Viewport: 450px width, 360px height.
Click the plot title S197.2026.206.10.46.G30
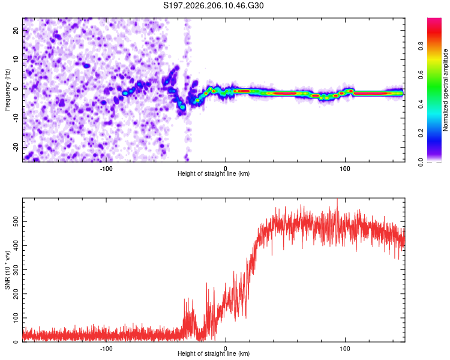point(213,5)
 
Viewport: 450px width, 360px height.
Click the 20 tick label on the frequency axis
point(16,30)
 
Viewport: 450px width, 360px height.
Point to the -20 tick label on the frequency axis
point(16,148)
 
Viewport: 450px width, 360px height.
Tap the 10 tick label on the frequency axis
point(16,59)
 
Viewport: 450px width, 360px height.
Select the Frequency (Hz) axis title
point(7,90)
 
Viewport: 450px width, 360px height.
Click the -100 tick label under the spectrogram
point(106,169)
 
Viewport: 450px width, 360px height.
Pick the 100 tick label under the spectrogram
point(344,169)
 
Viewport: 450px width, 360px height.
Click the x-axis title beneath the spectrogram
point(214,173)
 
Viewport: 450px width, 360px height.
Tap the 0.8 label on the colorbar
point(421,46)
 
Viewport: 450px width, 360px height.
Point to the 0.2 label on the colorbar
point(421,133)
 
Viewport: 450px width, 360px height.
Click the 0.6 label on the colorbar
point(421,75)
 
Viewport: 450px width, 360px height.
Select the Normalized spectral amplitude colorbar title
point(445,90)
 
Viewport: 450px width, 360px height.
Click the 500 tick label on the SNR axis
point(16,221)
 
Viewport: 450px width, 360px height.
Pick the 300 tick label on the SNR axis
point(16,270)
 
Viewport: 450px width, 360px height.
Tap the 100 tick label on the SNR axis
point(16,318)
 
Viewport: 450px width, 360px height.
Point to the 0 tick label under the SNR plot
point(226,349)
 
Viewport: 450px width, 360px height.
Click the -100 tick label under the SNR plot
point(106,349)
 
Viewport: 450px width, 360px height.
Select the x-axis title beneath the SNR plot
point(214,353)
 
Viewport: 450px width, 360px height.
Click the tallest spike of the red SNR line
point(337,200)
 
